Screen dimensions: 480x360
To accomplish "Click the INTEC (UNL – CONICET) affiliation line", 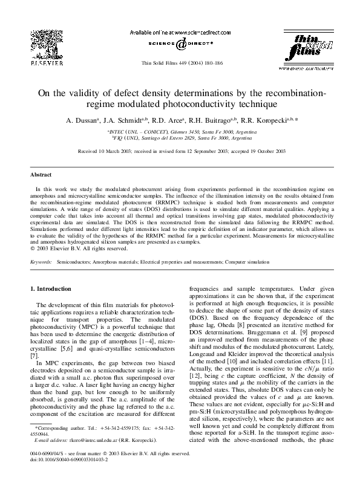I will (x=180, y=131).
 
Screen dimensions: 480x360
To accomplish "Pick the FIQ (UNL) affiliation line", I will (x=180, y=138).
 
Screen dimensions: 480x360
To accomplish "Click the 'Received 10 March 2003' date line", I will (x=180, y=152).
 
